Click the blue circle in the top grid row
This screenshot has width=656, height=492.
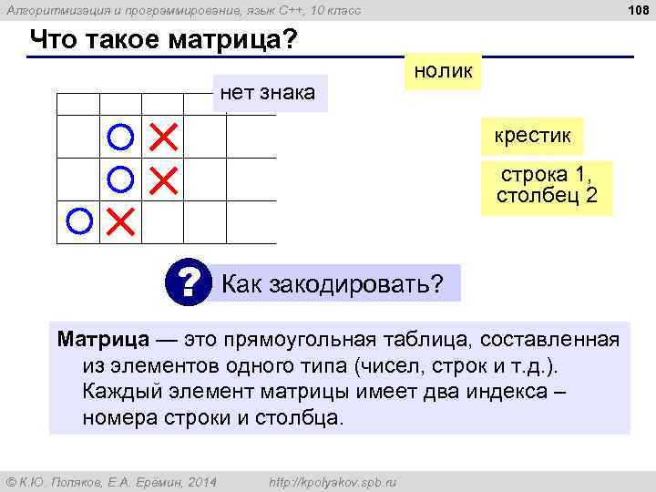(120, 138)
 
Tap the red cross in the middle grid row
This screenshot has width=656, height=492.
(162, 179)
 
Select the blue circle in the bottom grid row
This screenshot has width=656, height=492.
(79, 220)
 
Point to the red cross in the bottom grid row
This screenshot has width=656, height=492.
(119, 220)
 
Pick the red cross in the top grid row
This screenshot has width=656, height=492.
(162, 138)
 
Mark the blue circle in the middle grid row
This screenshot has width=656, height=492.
(120, 179)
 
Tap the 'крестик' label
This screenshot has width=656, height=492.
(533, 137)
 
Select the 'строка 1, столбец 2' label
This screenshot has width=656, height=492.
(547, 187)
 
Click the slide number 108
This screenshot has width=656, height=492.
(636, 10)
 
